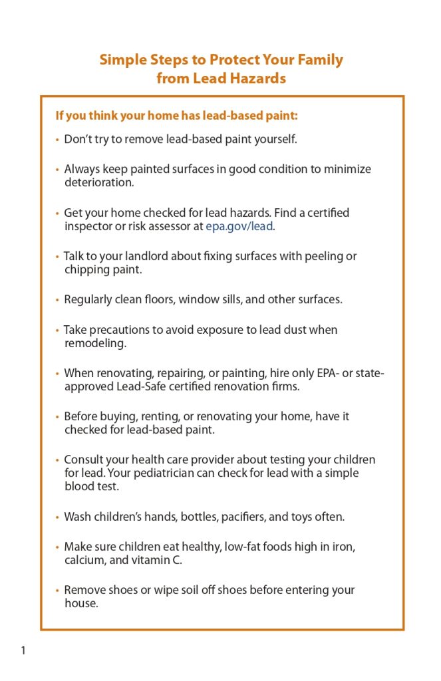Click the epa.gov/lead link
click(x=244, y=226)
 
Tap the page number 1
click(x=23, y=650)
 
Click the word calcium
click(x=84, y=560)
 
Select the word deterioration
click(x=99, y=182)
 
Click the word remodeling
click(x=95, y=343)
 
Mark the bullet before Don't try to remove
click(x=58, y=140)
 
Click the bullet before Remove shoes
click(x=58, y=591)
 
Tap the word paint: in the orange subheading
click(x=281, y=116)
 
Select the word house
click(x=81, y=604)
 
